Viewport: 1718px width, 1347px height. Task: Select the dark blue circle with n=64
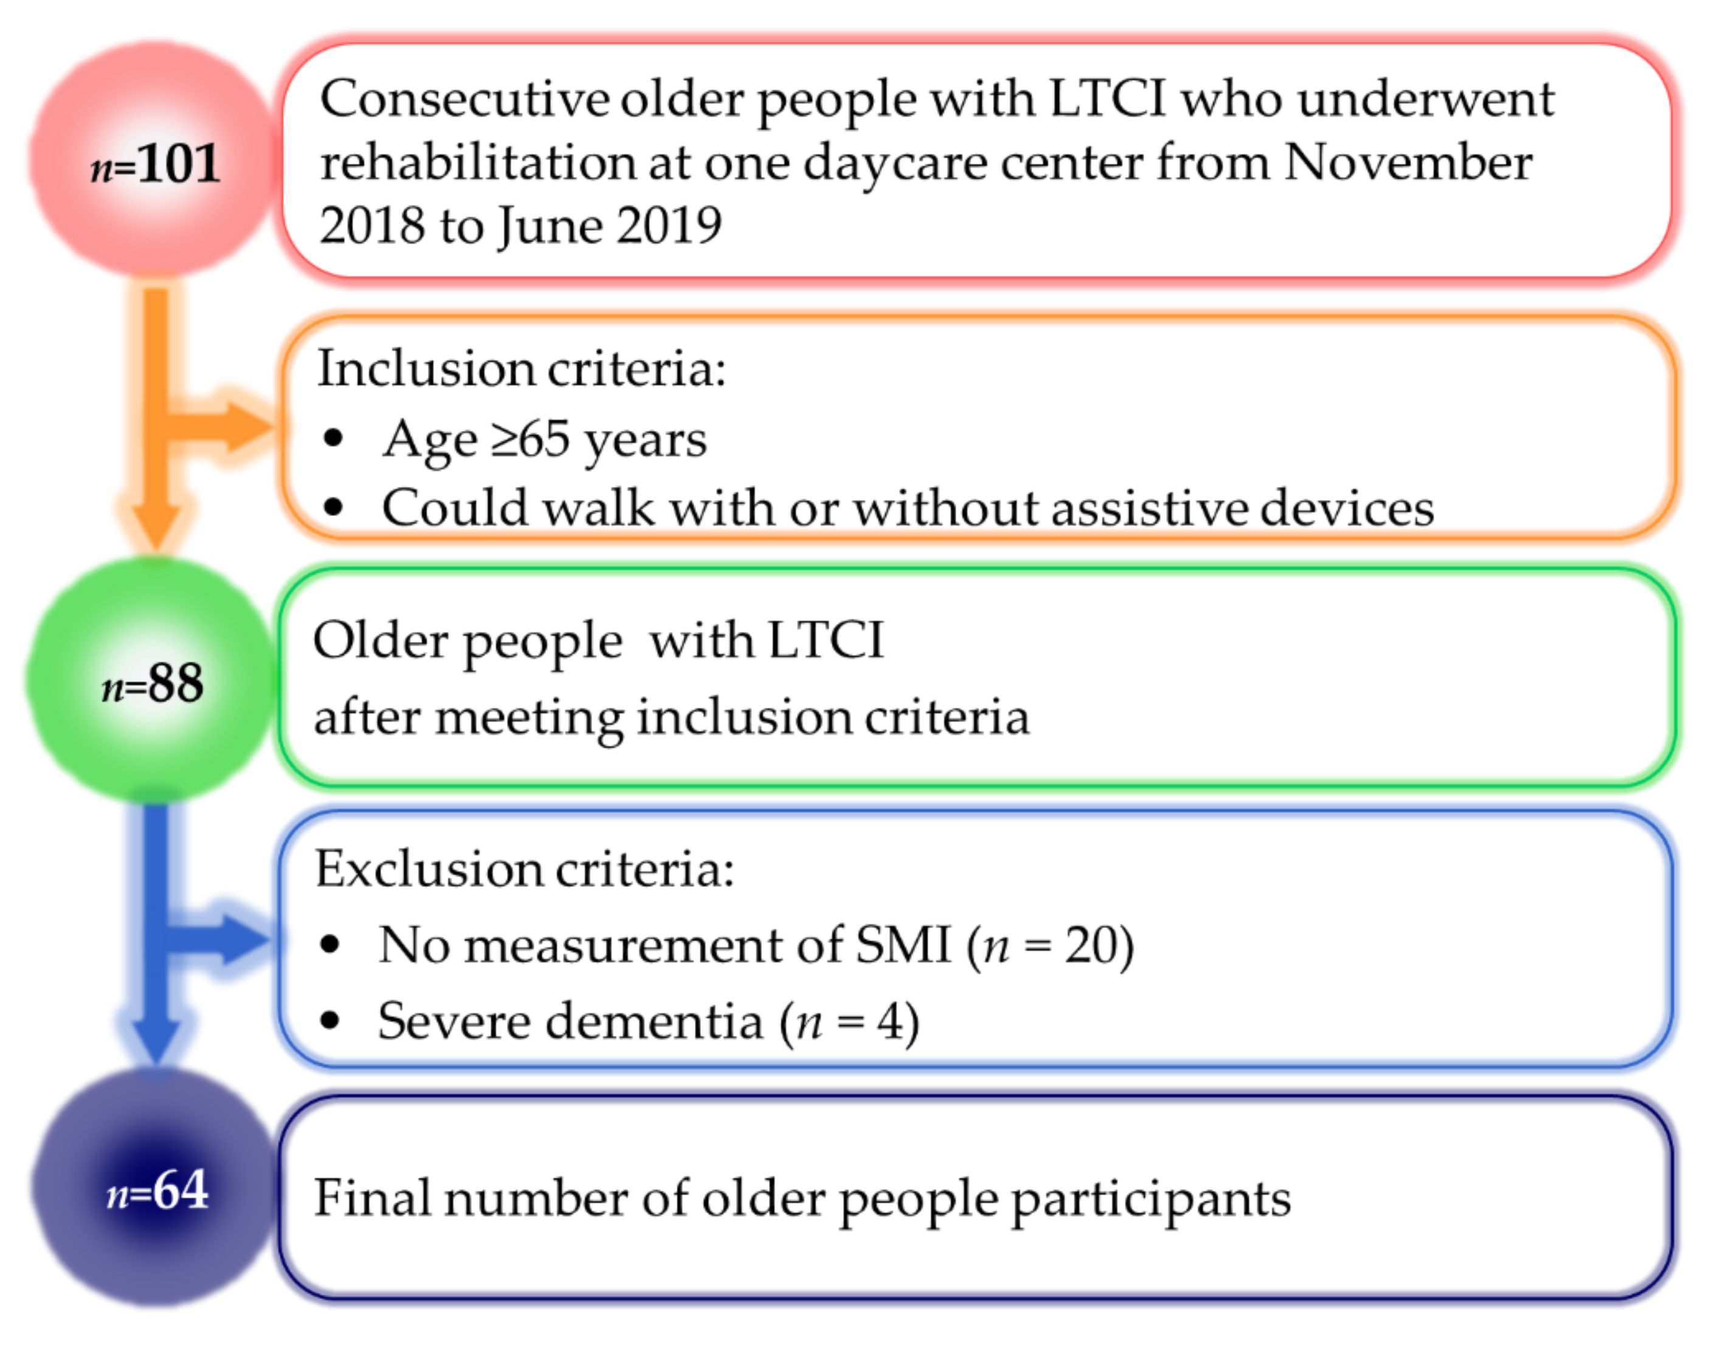(x=156, y=1187)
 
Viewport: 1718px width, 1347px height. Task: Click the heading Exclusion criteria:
(x=525, y=869)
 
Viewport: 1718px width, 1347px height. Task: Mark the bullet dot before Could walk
(x=334, y=507)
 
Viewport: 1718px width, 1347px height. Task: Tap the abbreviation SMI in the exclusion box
(x=903, y=944)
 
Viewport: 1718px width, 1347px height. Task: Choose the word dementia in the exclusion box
(x=654, y=1021)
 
